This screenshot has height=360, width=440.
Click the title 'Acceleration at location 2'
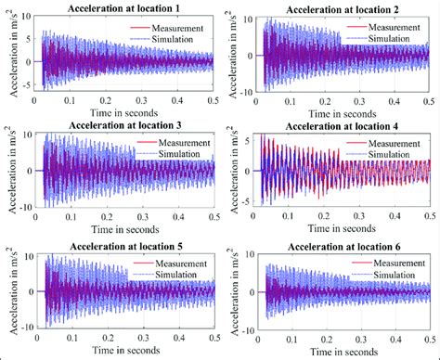(342, 7)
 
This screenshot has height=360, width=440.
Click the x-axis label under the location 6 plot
(342, 352)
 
